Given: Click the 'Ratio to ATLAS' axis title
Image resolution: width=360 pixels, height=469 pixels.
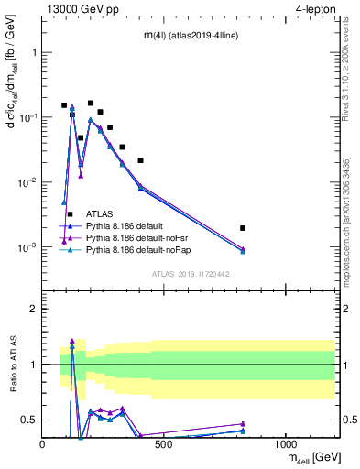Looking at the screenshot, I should pyautogui.click(x=12, y=365).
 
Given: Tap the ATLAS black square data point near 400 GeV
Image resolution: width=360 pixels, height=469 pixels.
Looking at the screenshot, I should pyautogui.click(x=140, y=160).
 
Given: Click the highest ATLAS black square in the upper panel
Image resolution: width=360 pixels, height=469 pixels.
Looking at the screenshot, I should pyautogui.click(x=91, y=103).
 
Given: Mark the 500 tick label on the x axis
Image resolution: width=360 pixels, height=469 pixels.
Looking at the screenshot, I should pyautogui.click(x=165, y=443).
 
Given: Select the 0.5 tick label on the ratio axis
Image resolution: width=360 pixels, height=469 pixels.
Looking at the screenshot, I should pyautogui.click(x=30, y=420).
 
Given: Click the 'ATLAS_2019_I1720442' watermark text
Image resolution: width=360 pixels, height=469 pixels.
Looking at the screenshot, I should pyautogui.click(x=190, y=274).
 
